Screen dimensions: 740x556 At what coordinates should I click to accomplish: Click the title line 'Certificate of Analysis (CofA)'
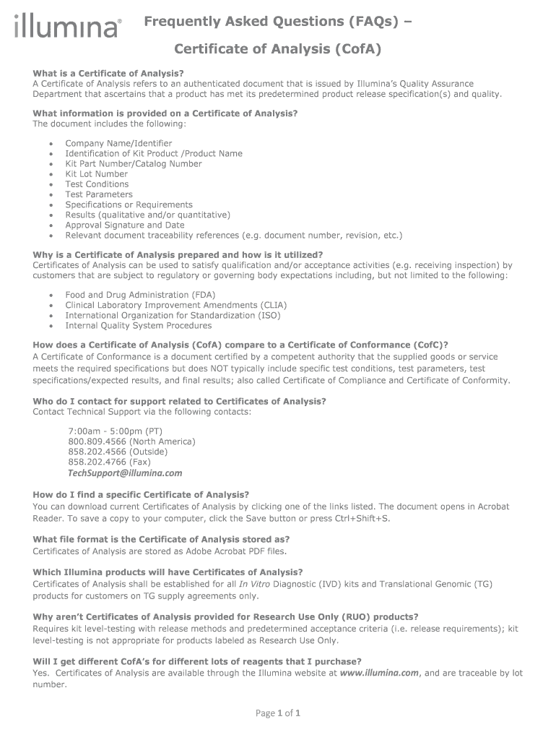(x=277, y=49)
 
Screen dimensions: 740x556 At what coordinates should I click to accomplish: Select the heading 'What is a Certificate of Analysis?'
(x=108, y=74)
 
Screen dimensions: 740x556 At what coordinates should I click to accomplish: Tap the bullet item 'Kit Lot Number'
(x=96, y=174)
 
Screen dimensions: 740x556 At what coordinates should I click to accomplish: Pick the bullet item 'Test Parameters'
(x=99, y=194)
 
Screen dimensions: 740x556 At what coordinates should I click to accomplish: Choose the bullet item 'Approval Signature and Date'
(x=124, y=225)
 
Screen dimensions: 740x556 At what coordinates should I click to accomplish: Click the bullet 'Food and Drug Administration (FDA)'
(x=140, y=295)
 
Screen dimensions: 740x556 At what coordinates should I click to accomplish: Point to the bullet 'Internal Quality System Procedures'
(x=138, y=325)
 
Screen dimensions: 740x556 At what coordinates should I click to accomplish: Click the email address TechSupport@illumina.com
(x=125, y=473)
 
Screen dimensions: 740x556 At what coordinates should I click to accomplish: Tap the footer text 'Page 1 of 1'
(x=278, y=713)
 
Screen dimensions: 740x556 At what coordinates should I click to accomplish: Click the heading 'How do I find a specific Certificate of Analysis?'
(x=141, y=494)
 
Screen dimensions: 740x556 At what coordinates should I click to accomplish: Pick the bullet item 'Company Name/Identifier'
(x=118, y=143)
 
